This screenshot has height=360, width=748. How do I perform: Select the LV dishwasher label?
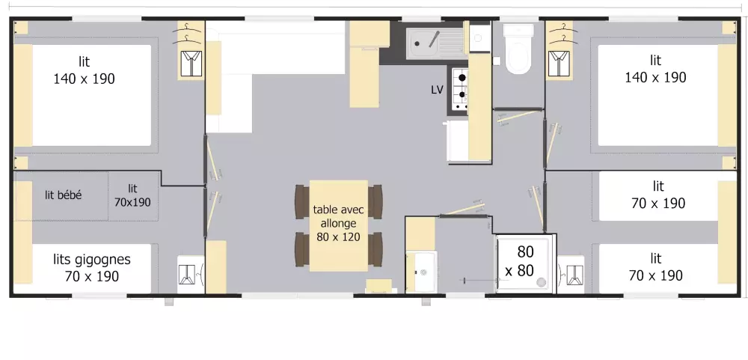[438, 90]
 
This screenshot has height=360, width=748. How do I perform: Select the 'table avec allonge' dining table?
[338, 225]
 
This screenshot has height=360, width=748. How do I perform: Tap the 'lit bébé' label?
[64, 195]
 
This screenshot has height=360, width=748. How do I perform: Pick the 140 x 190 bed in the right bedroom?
[656, 94]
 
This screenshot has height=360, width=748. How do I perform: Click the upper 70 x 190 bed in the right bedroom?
[656, 195]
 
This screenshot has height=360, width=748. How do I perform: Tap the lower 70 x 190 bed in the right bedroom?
[656, 267]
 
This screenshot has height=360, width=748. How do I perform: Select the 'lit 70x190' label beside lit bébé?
[132, 195]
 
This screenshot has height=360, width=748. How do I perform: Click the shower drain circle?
[541, 284]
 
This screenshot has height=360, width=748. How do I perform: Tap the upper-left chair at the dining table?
[301, 199]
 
